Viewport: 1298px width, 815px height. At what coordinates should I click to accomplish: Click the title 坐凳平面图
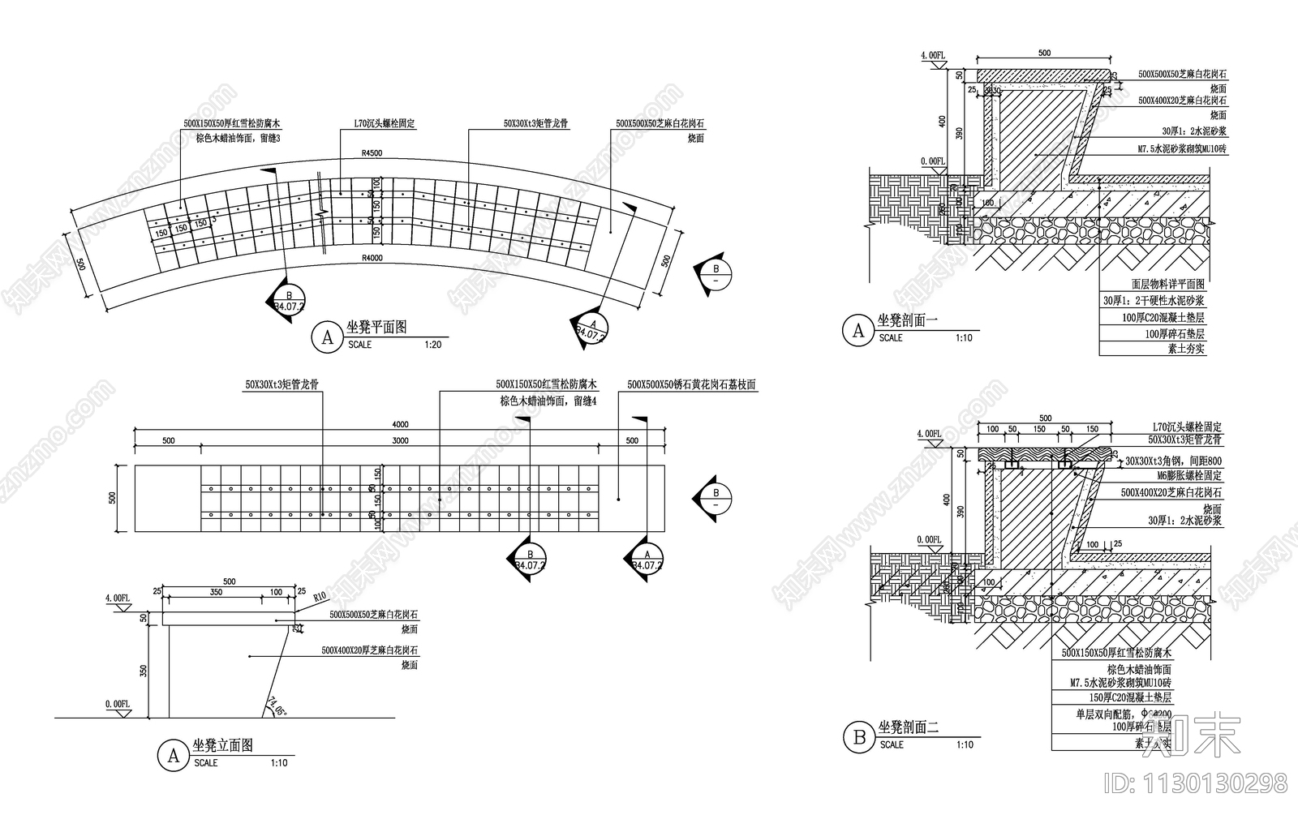click(x=376, y=328)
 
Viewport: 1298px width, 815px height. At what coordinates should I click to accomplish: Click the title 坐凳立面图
click(x=222, y=745)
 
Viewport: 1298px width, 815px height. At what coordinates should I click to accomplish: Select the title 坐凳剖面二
click(x=908, y=728)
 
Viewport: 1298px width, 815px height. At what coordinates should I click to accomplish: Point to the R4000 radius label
click(x=372, y=258)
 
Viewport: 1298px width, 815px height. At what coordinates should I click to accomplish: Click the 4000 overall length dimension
click(x=400, y=424)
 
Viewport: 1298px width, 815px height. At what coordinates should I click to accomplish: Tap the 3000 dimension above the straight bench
click(x=400, y=440)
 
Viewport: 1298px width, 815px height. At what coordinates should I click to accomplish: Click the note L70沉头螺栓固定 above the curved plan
click(x=384, y=124)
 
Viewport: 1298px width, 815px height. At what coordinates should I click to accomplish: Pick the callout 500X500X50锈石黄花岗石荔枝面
click(x=691, y=384)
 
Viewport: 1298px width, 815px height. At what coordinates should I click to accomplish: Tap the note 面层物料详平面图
click(x=1168, y=285)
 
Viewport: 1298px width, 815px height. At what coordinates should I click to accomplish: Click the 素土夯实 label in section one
click(x=1186, y=349)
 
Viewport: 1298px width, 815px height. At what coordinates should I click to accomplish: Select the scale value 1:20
click(x=433, y=345)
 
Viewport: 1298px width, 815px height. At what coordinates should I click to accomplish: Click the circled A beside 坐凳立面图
click(x=173, y=756)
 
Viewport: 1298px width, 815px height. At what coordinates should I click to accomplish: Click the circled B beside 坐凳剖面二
click(x=858, y=738)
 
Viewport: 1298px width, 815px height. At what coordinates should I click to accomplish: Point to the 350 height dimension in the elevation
click(x=144, y=671)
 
